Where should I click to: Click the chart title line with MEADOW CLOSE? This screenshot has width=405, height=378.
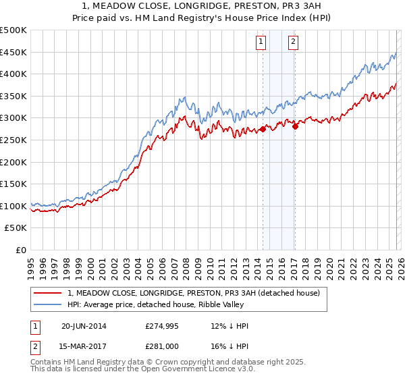point(202,7)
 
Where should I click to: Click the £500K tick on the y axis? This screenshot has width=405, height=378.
point(13,30)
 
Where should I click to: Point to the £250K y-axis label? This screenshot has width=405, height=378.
point(13,140)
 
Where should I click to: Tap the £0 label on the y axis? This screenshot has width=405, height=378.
point(22,250)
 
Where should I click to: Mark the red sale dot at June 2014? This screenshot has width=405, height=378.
point(262,129)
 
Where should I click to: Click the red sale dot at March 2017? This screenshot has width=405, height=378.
point(295,126)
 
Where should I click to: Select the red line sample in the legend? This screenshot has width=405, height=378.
point(48,293)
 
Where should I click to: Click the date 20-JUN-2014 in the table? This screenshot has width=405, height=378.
point(84,326)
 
